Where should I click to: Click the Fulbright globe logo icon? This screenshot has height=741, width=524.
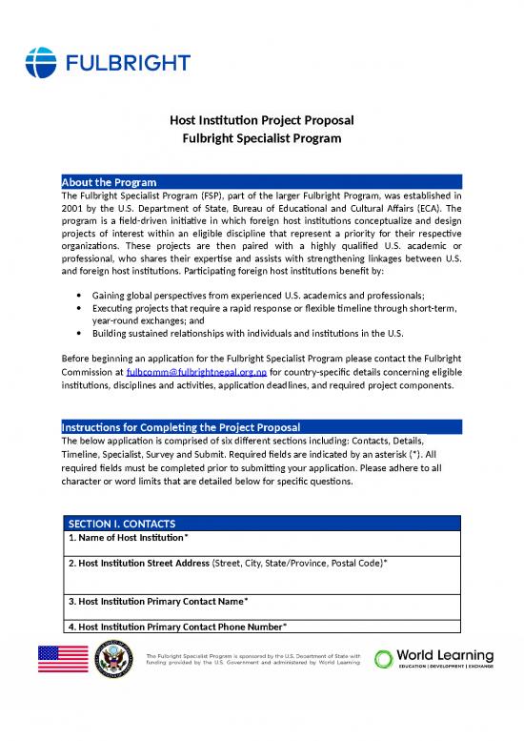tap(43, 62)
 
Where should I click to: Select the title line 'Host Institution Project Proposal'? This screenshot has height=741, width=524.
tap(262, 121)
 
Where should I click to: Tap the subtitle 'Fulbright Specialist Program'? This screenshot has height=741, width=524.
tap(262, 138)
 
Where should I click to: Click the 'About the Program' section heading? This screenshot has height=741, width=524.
tap(109, 182)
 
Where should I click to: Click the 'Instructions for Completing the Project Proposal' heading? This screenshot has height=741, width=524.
tap(180, 425)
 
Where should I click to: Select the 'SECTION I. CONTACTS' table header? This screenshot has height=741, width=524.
tap(122, 524)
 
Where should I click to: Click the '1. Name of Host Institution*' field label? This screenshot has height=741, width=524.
tap(134, 538)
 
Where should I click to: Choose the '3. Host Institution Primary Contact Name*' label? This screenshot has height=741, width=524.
tap(158, 601)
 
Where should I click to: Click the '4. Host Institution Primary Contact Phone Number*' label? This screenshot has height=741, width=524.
tap(177, 626)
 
